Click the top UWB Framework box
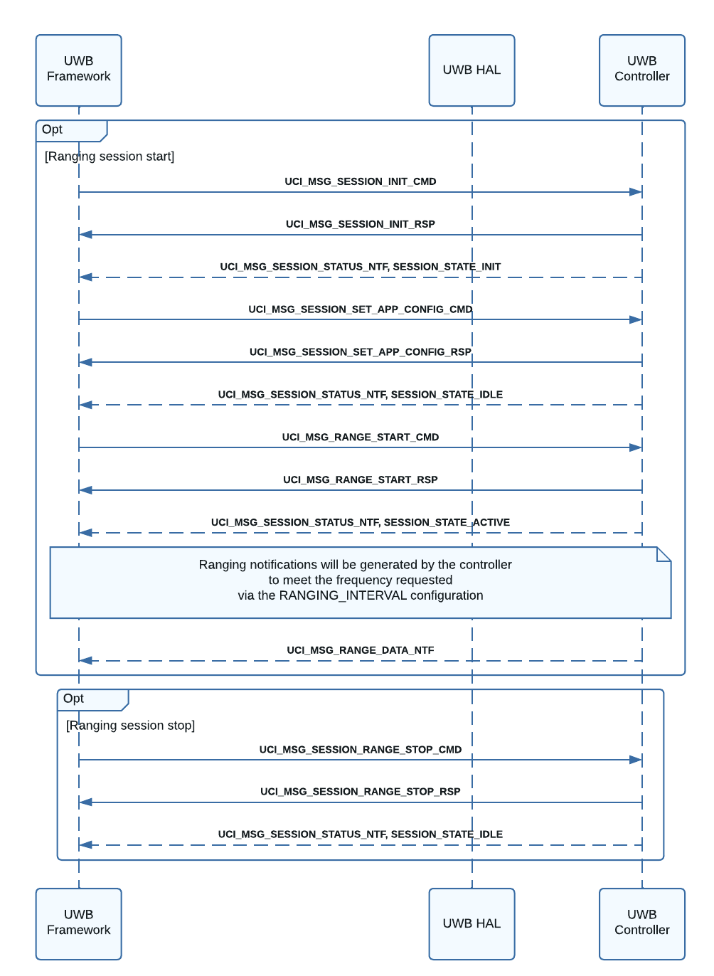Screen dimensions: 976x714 tap(79, 70)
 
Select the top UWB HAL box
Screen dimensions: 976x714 tap(471, 70)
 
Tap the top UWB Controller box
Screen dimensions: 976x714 tap(641, 70)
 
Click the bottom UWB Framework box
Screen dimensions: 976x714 tap(79, 923)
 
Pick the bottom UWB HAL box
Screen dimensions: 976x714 tap(471, 923)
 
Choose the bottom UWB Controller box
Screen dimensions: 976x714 tap(641, 923)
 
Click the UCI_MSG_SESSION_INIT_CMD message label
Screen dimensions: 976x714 tap(361, 181)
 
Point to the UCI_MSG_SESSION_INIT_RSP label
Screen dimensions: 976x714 tap(361, 224)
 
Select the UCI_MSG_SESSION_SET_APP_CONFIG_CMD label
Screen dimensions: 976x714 tap(361, 309)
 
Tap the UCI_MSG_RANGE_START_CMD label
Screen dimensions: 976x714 tap(361, 437)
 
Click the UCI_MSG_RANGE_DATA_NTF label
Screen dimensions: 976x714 tap(361, 650)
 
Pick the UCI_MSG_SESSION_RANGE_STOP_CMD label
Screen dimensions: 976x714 tap(361, 749)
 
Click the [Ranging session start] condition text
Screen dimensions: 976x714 tap(110, 157)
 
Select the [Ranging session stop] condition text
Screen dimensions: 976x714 tap(131, 726)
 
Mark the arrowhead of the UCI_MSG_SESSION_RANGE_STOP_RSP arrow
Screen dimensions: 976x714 tap(85, 802)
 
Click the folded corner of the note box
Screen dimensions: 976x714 tap(664, 553)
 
